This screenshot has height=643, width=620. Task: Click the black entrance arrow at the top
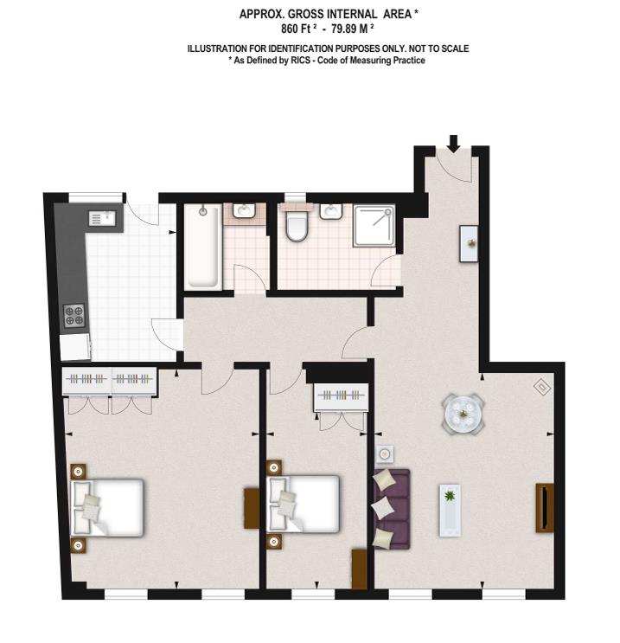coord(453,144)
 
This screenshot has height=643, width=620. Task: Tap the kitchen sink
coord(101,218)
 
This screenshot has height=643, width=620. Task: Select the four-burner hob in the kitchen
coord(74,316)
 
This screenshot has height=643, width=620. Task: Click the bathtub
coord(202,247)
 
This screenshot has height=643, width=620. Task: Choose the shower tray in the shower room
coord(374,226)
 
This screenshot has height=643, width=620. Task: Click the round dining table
coord(463,414)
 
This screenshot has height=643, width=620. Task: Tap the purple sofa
coord(392,509)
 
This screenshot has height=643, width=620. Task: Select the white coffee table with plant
coord(450,510)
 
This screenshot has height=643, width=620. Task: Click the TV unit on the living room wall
coord(545,508)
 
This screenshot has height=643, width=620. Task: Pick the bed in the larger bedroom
coord(107,508)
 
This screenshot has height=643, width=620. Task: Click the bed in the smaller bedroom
coord(304,504)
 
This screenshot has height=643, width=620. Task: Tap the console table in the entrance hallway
coord(469,243)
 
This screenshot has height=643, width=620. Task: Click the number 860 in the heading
coord(289,29)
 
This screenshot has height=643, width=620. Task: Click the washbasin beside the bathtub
coord(244,211)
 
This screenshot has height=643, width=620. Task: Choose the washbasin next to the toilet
coord(331,212)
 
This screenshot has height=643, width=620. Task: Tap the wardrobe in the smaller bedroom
coord(342,397)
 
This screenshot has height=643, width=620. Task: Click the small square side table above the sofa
coord(385,454)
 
